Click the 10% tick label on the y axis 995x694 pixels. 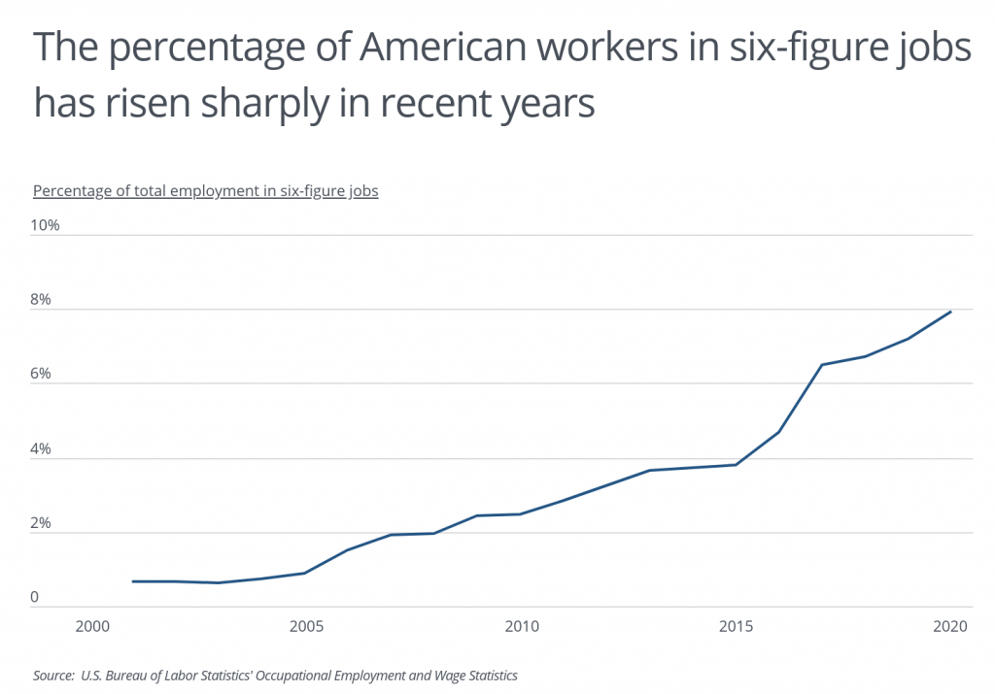(x=46, y=225)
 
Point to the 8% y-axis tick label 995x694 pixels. (x=42, y=300)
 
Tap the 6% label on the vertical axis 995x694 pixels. (x=42, y=375)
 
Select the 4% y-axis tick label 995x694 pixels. (x=42, y=449)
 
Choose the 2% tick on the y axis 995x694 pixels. (x=42, y=524)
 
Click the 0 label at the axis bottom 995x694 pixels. (x=34, y=598)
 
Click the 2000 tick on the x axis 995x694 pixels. (x=91, y=626)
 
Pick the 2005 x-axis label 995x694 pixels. (x=306, y=626)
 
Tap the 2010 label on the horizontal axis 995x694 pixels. (x=522, y=626)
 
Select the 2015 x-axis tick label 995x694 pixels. (x=737, y=626)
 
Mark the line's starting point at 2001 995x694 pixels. (x=133, y=581)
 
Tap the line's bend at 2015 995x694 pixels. (x=737, y=465)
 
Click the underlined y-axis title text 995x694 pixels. (x=205, y=190)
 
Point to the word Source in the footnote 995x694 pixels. (x=53, y=676)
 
